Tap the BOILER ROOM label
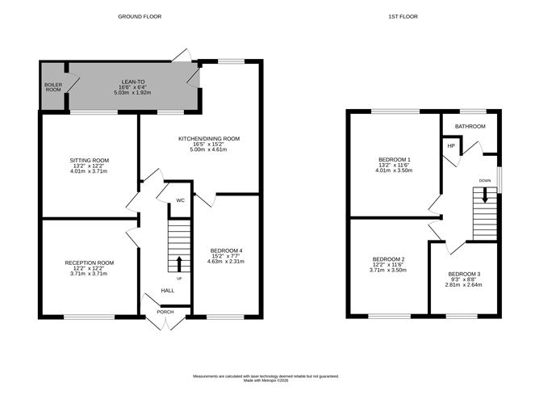pos(52,86)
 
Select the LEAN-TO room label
pos(133,81)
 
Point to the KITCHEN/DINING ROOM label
pos(209,139)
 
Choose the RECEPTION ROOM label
pos(90,262)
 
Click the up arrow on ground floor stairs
pos(178,262)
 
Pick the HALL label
pos(167,290)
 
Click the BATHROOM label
pos(470,127)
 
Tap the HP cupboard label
pos(451,145)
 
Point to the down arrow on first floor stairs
pos(485,194)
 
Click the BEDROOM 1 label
pos(394,161)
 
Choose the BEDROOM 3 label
pos(464,274)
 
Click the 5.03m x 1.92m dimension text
pos(133,94)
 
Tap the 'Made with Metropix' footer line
pos(266,380)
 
